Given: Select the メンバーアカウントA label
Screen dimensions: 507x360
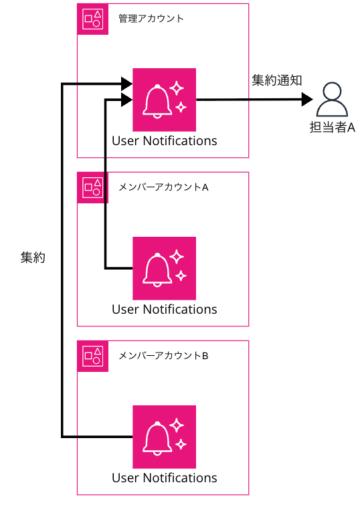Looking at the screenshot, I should tap(164, 187).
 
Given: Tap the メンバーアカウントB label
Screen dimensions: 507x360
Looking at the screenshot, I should tap(164, 355).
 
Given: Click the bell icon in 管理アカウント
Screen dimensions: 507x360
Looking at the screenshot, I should tap(164, 100).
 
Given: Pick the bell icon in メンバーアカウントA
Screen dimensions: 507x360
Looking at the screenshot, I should tap(164, 268).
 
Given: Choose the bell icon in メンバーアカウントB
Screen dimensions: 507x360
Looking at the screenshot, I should tap(164, 437).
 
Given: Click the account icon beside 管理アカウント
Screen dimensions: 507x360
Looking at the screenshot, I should tap(93, 19).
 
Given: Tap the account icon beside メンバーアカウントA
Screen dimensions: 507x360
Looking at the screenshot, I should tap(93, 187).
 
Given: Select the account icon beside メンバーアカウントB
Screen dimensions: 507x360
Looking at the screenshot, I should tap(93, 356).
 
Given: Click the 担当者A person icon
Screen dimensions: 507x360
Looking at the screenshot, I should tap(332, 100).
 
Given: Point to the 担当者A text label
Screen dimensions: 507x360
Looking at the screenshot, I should tap(332, 128).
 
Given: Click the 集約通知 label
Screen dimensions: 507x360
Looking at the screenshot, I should tap(277, 80).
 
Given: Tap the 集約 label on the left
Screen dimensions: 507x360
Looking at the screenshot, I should tap(33, 258).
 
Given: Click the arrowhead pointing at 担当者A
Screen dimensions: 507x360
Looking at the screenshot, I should tap(307, 100).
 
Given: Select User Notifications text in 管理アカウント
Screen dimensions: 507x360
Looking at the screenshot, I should tap(164, 140).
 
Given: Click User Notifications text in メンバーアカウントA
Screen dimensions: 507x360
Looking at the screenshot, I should tap(164, 309).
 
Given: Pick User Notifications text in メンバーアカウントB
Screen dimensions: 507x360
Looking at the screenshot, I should tap(164, 478).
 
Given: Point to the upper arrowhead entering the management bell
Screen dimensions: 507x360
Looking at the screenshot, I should tap(126, 84).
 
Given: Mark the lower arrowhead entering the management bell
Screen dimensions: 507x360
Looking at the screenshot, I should tap(126, 100).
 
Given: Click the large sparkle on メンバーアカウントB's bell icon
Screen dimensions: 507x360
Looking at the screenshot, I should tap(177, 424).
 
